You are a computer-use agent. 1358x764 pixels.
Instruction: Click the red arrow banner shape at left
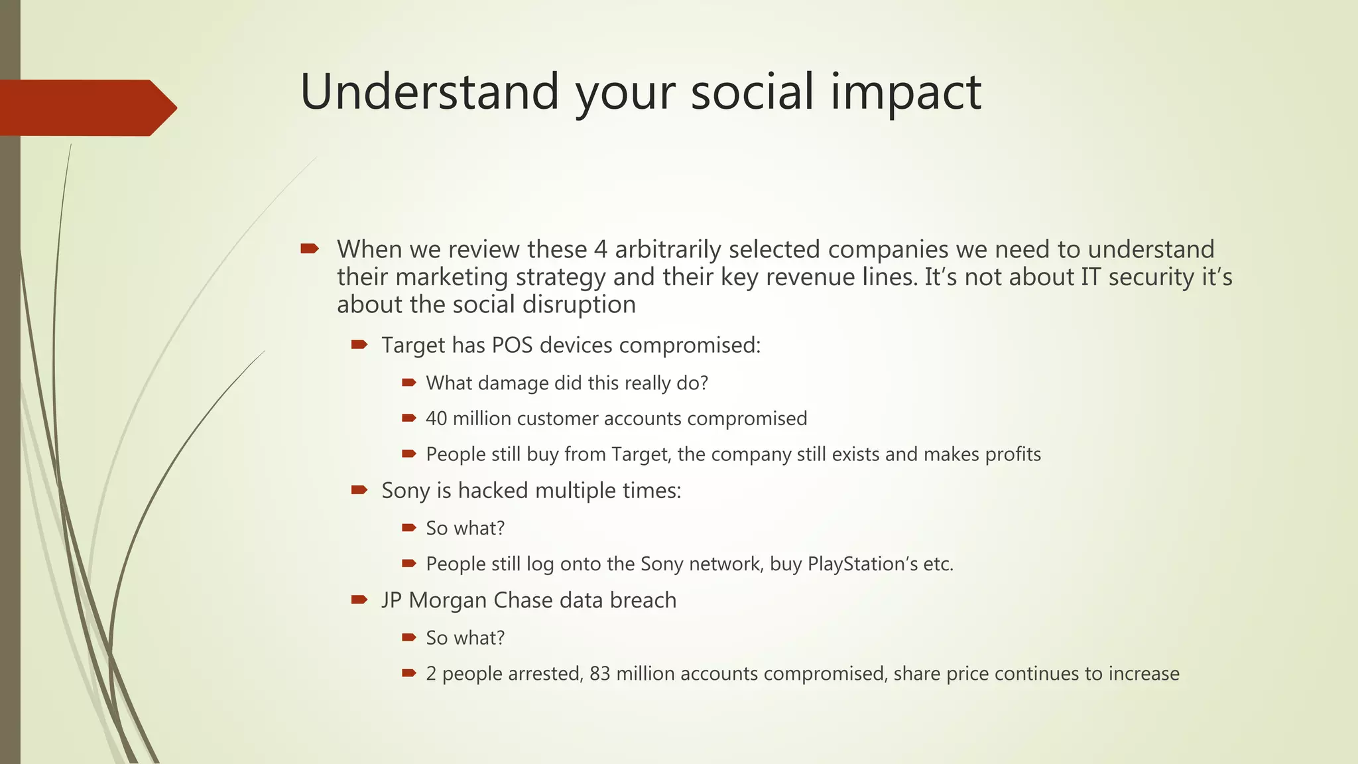tap(86, 108)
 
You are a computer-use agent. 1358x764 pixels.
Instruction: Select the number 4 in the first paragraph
tap(600, 249)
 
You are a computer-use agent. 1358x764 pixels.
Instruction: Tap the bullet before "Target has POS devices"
tap(359, 344)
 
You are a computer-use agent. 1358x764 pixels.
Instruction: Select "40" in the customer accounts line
tap(436, 418)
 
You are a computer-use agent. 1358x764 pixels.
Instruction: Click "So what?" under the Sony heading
tap(465, 529)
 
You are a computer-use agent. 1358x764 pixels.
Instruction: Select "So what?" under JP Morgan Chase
tap(465, 638)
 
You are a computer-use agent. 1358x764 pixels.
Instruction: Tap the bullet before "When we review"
tap(310, 249)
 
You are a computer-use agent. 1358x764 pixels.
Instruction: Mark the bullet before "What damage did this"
tap(408, 382)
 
